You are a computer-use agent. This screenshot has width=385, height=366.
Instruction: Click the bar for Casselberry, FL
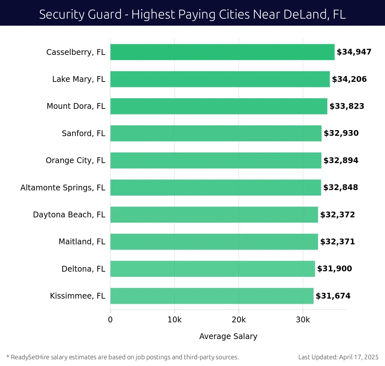pyautogui.click(x=222, y=52)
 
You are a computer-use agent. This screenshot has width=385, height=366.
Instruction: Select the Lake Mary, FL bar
pyautogui.click(x=220, y=79)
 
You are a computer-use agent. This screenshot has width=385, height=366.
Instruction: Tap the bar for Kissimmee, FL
pyautogui.click(x=212, y=296)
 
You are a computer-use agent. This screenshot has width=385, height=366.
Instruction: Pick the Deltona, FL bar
pyautogui.click(x=213, y=269)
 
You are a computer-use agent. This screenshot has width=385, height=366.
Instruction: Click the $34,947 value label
pyautogui.click(x=354, y=52)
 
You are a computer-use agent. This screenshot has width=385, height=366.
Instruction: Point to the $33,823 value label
pyautogui.click(x=347, y=106)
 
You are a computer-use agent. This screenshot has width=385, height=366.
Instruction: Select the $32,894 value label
pyautogui.click(x=341, y=161)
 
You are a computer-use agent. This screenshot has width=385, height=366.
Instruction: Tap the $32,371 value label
pyautogui.click(x=338, y=242)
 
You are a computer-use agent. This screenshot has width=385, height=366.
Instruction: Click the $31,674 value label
pyautogui.click(x=333, y=296)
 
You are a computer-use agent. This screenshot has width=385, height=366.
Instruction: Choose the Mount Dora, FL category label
pyautogui.click(x=76, y=106)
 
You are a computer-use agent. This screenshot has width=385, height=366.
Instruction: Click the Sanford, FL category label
pyautogui.click(x=83, y=133)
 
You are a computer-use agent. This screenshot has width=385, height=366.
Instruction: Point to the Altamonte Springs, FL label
pyautogui.click(x=63, y=187)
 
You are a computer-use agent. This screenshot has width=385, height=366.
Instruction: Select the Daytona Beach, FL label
pyautogui.click(x=69, y=214)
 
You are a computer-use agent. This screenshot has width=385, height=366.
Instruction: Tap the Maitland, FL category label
pyautogui.click(x=82, y=242)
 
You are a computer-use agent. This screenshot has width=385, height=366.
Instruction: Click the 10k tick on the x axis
pyautogui.click(x=175, y=320)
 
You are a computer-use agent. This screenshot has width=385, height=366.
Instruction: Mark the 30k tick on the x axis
pyautogui.click(x=303, y=320)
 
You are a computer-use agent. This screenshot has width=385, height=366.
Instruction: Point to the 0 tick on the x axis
pyautogui.click(x=110, y=320)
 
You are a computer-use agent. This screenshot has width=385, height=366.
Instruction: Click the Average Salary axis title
pyautogui.click(x=228, y=336)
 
